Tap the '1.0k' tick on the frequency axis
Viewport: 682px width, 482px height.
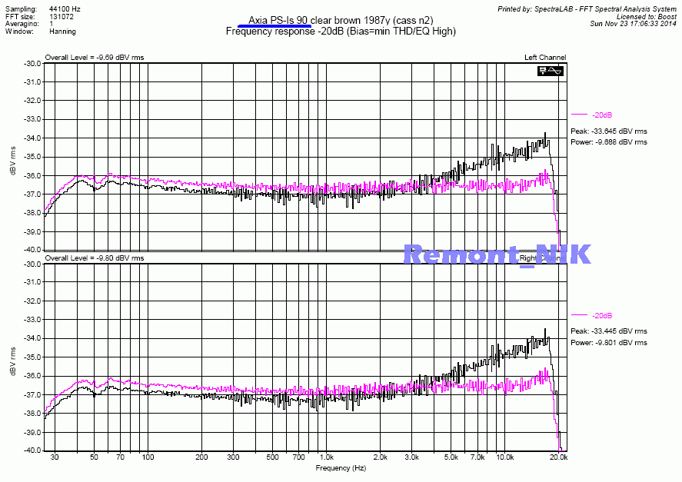coord(326,457)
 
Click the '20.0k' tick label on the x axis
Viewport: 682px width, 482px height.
coord(558,457)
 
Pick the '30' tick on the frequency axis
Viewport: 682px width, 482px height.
coord(54,457)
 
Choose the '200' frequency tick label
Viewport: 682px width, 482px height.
coord(201,457)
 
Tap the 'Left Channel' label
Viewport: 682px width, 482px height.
coord(545,58)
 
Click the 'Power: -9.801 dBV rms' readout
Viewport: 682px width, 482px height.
coord(608,343)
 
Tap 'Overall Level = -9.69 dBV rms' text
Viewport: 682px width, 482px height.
coord(94,58)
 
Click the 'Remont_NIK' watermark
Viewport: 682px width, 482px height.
coord(497,254)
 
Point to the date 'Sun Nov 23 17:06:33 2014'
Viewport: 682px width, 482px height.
coord(634,24)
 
